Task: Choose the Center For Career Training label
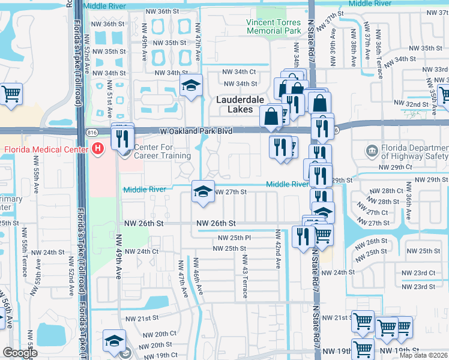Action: pyautogui.click(x=162, y=152)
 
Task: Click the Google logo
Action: pyautogui.click(x=20, y=353)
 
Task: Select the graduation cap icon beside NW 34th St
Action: pyautogui.click(x=191, y=86)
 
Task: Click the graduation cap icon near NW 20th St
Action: pyautogui.click(x=114, y=341)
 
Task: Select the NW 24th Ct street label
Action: pyautogui.click(x=142, y=251)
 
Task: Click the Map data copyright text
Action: pyautogui.click(x=424, y=355)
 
